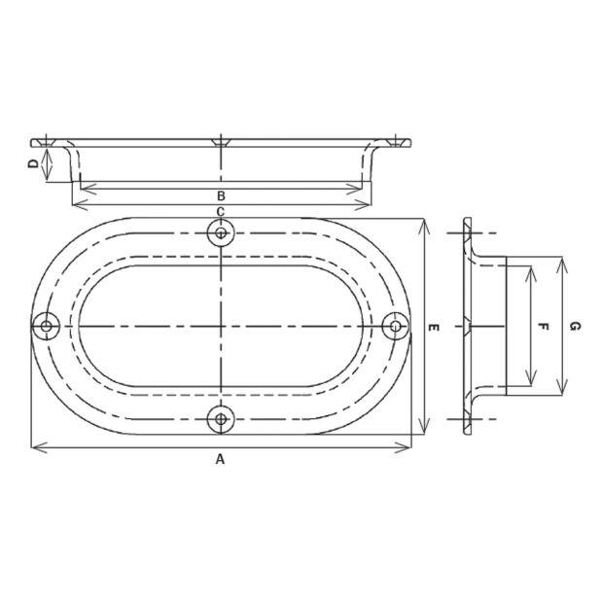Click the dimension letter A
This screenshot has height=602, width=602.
[220, 459]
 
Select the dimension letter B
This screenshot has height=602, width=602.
[221, 196]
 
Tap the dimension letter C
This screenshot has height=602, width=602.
[221, 212]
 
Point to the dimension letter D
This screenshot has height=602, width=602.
[34, 164]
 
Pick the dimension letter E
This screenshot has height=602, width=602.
[434, 328]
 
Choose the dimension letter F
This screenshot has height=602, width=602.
[543, 327]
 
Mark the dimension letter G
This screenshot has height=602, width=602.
[575, 327]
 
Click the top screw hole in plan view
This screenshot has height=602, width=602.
[221, 232]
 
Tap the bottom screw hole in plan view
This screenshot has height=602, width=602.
[221, 419]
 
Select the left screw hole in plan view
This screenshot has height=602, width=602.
[47, 327]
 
